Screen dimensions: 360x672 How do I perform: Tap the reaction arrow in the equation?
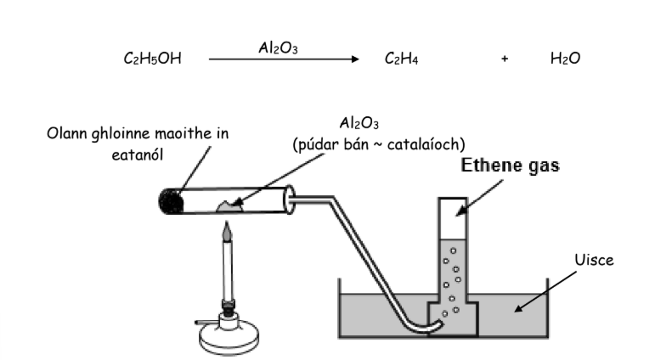click(x=285, y=59)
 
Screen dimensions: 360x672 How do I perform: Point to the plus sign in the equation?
click(x=504, y=60)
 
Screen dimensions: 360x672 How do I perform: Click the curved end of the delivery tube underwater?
click(x=431, y=318)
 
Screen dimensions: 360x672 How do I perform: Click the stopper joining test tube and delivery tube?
click(x=291, y=200)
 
